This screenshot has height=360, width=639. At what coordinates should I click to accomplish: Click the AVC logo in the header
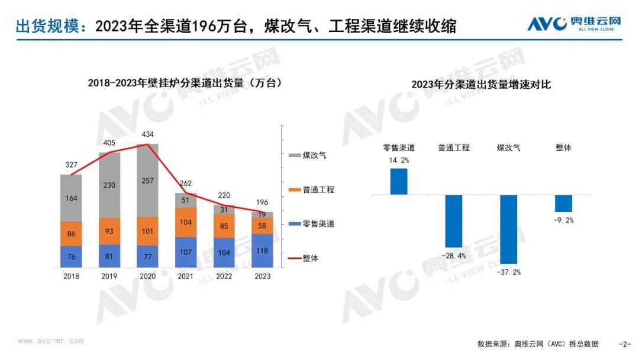[x=574, y=24]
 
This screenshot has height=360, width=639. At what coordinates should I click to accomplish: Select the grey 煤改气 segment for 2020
[x=147, y=180]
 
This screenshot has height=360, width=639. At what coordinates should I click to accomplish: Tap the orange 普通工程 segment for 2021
[x=186, y=222]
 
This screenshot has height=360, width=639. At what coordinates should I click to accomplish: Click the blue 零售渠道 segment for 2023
[x=263, y=250]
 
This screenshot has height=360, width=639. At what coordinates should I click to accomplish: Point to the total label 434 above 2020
[x=147, y=134]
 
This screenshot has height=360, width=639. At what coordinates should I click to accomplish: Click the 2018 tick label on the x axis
[x=72, y=277]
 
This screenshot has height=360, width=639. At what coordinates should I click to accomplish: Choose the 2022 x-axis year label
[x=224, y=277]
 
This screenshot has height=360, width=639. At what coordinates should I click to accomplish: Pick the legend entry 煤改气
[x=307, y=155]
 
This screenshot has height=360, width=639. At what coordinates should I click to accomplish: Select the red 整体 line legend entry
[x=303, y=258]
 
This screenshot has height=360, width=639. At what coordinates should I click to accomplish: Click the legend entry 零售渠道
[x=311, y=224]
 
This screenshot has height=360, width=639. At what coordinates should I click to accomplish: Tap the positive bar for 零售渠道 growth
[x=399, y=182]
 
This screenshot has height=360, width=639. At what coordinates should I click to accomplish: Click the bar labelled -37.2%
[x=509, y=230]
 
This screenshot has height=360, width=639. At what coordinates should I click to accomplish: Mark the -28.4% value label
[x=454, y=256]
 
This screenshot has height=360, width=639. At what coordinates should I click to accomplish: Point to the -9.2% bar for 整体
[x=564, y=204]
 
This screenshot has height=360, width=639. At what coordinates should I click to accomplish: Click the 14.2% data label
[x=399, y=160]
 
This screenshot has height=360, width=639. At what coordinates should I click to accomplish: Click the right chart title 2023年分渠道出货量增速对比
[x=481, y=85]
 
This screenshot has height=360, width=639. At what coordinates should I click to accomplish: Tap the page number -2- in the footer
[x=625, y=344]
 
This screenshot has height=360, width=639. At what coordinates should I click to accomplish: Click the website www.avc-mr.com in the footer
[x=51, y=341]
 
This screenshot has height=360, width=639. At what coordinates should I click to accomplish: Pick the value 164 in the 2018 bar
[x=72, y=198]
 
